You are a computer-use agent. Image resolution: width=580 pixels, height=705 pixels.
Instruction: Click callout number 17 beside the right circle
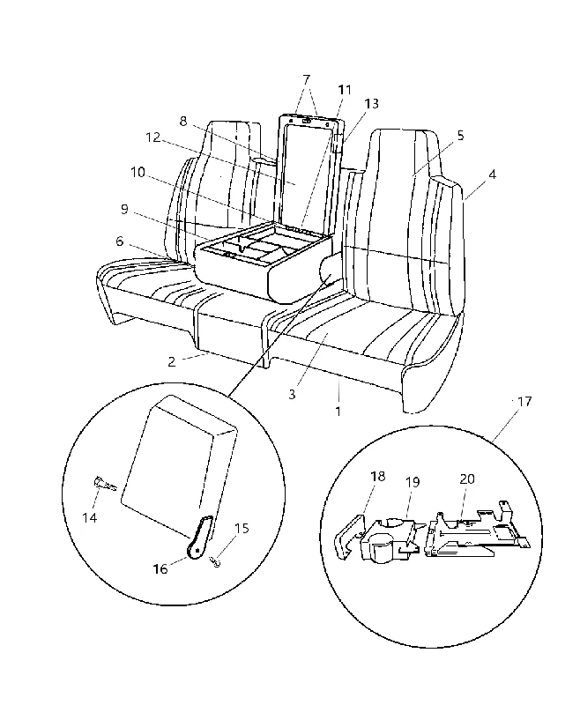pyautogui.click(x=524, y=401)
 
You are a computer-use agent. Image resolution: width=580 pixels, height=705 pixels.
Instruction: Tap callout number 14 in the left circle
pyautogui.click(x=90, y=518)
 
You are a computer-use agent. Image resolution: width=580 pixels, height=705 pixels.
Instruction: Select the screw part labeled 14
pyautogui.click(x=105, y=484)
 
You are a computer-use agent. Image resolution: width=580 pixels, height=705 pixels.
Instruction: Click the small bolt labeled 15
pyautogui.click(x=215, y=561)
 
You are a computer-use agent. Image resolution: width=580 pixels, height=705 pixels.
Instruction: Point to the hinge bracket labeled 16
pyautogui.click(x=199, y=538)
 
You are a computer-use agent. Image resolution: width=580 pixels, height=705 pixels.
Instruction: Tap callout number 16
pyautogui.click(x=160, y=569)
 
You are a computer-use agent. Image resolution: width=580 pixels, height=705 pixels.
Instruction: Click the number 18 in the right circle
pyautogui.click(x=377, y=476)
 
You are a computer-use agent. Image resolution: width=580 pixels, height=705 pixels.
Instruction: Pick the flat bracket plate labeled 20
pyautogui.click(x=478, y=532)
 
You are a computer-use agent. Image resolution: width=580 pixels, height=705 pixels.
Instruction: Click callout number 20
pyautogui.click(x=467, y=479)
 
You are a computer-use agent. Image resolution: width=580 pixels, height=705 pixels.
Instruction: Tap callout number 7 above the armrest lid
pyautogui.click(x=306, y=80)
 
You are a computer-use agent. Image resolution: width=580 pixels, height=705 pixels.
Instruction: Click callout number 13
pyautogui.click(x=371, y=104)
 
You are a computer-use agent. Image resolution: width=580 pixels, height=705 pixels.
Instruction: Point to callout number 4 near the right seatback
pyautogui.click(x=493, y=174)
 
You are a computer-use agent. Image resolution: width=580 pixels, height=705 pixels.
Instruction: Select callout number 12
pyautogui.click(x=153, y=137)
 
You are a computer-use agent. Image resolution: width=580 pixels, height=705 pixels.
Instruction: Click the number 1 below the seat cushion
pyautogui.click(x=338, y=411)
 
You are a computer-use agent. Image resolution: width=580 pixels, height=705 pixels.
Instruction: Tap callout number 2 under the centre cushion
pyautogui.click(x=172, y=361)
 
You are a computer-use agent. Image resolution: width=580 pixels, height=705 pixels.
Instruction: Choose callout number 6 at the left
pyautogui.click(x=119, y=241)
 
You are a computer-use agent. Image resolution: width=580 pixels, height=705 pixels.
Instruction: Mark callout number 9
pyautogui.click(x=124, y=209)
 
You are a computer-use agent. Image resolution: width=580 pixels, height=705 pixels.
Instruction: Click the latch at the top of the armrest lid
pyautogui.click(x=307, y=120)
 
